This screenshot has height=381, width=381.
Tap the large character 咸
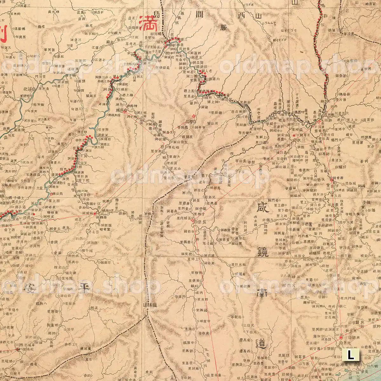tap(262, 209)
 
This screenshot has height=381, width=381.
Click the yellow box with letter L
tap(351, 355)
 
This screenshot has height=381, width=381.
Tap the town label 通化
tap(28, 89)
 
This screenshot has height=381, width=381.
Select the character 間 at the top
tap(190, 14)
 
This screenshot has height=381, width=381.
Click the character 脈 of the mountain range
tap(224, 27)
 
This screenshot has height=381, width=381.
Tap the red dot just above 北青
tap(342, 338)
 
